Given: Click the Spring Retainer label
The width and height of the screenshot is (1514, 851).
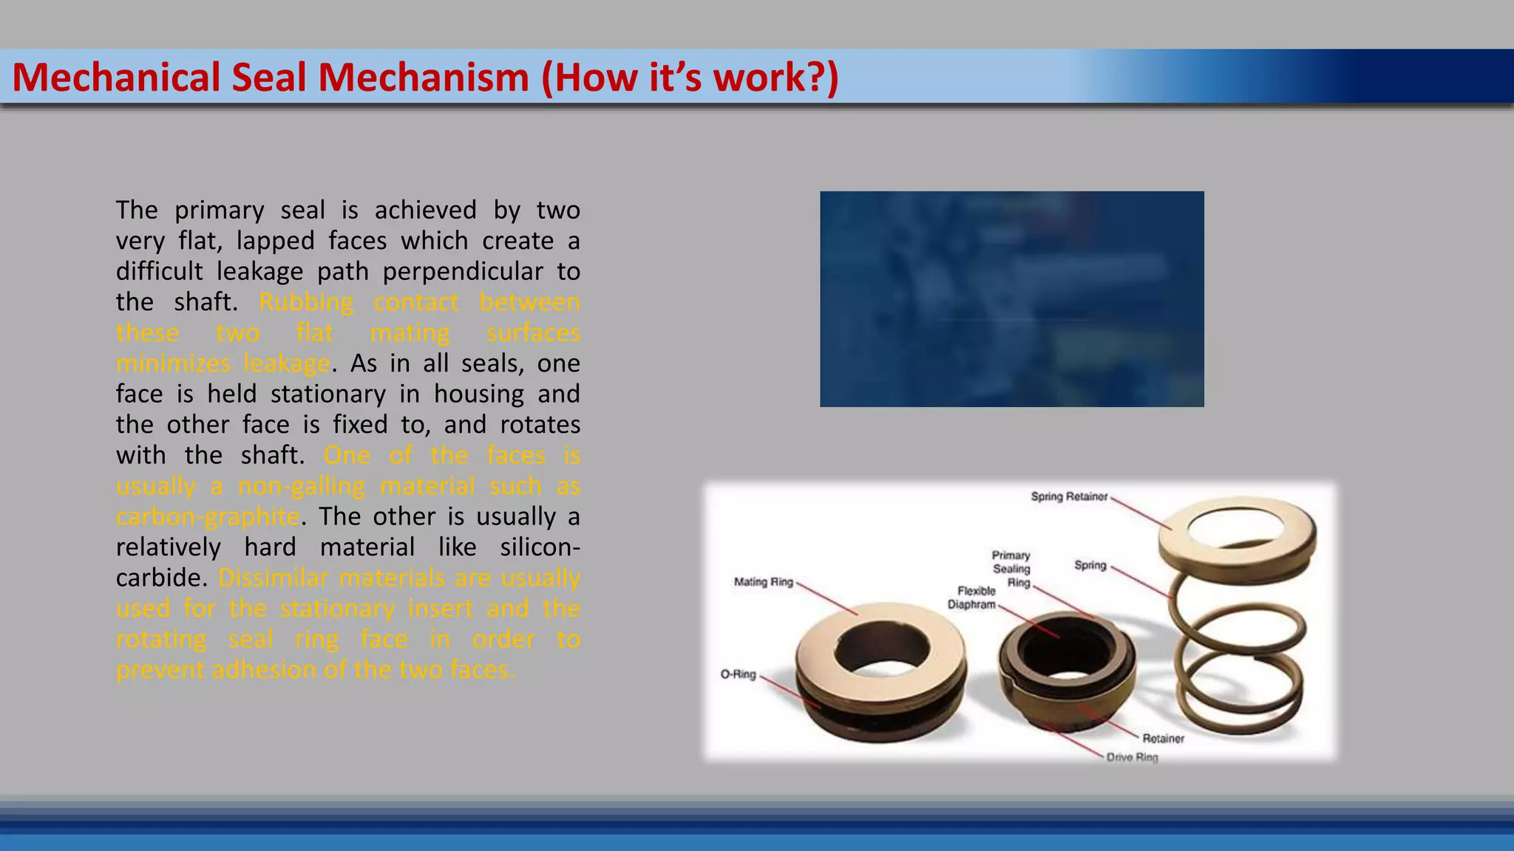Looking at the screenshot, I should (1069, 496).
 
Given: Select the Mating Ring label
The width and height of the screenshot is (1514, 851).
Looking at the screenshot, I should (763, 582).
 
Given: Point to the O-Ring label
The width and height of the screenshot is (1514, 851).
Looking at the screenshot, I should (738, 674).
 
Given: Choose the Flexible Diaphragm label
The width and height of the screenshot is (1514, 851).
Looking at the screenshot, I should (972, 598).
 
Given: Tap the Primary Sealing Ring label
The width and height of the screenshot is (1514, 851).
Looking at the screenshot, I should (1011, 569).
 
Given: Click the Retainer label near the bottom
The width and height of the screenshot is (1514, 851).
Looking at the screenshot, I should (1163, 739).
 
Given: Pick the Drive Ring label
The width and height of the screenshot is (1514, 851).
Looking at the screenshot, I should (1132, 757).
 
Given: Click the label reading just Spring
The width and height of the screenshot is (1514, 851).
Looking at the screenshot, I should (1090, 565).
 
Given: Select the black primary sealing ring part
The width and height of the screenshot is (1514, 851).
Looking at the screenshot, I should (1066, 665).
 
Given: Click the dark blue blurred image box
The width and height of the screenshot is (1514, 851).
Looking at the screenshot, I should (1011, 299).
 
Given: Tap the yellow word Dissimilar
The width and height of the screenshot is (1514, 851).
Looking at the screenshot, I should (273, 578).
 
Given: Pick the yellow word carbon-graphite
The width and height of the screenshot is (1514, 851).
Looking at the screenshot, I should (208, 517).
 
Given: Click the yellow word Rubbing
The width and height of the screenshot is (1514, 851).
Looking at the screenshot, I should (306, 303).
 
